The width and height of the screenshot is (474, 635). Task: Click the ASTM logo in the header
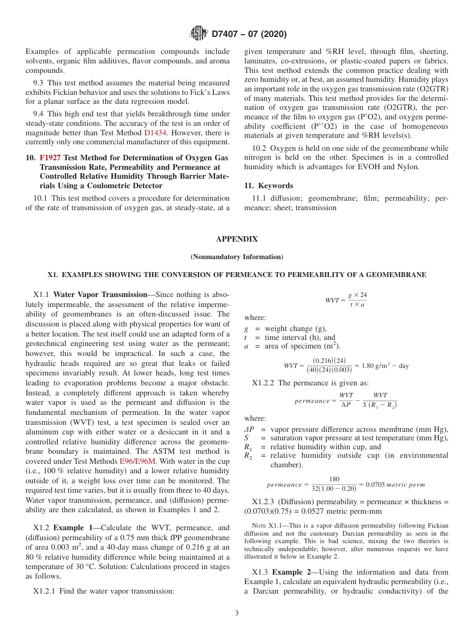click(x=198, y=33)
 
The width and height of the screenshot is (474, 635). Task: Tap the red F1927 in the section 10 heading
click(x=50, y=157)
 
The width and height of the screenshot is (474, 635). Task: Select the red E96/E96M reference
click(x=138, y=461)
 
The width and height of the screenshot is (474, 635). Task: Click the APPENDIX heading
click(x=237, y=240)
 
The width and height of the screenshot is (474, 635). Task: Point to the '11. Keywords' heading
click(x=268, y=186)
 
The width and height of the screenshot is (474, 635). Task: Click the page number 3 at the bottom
click(x=237, y=614)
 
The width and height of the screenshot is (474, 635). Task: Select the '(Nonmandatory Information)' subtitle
click(x=237, y=257)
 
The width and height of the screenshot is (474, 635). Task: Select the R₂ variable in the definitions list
click(x=247, y=456)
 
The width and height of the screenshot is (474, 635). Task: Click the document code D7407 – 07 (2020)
click(x=249, y=34)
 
